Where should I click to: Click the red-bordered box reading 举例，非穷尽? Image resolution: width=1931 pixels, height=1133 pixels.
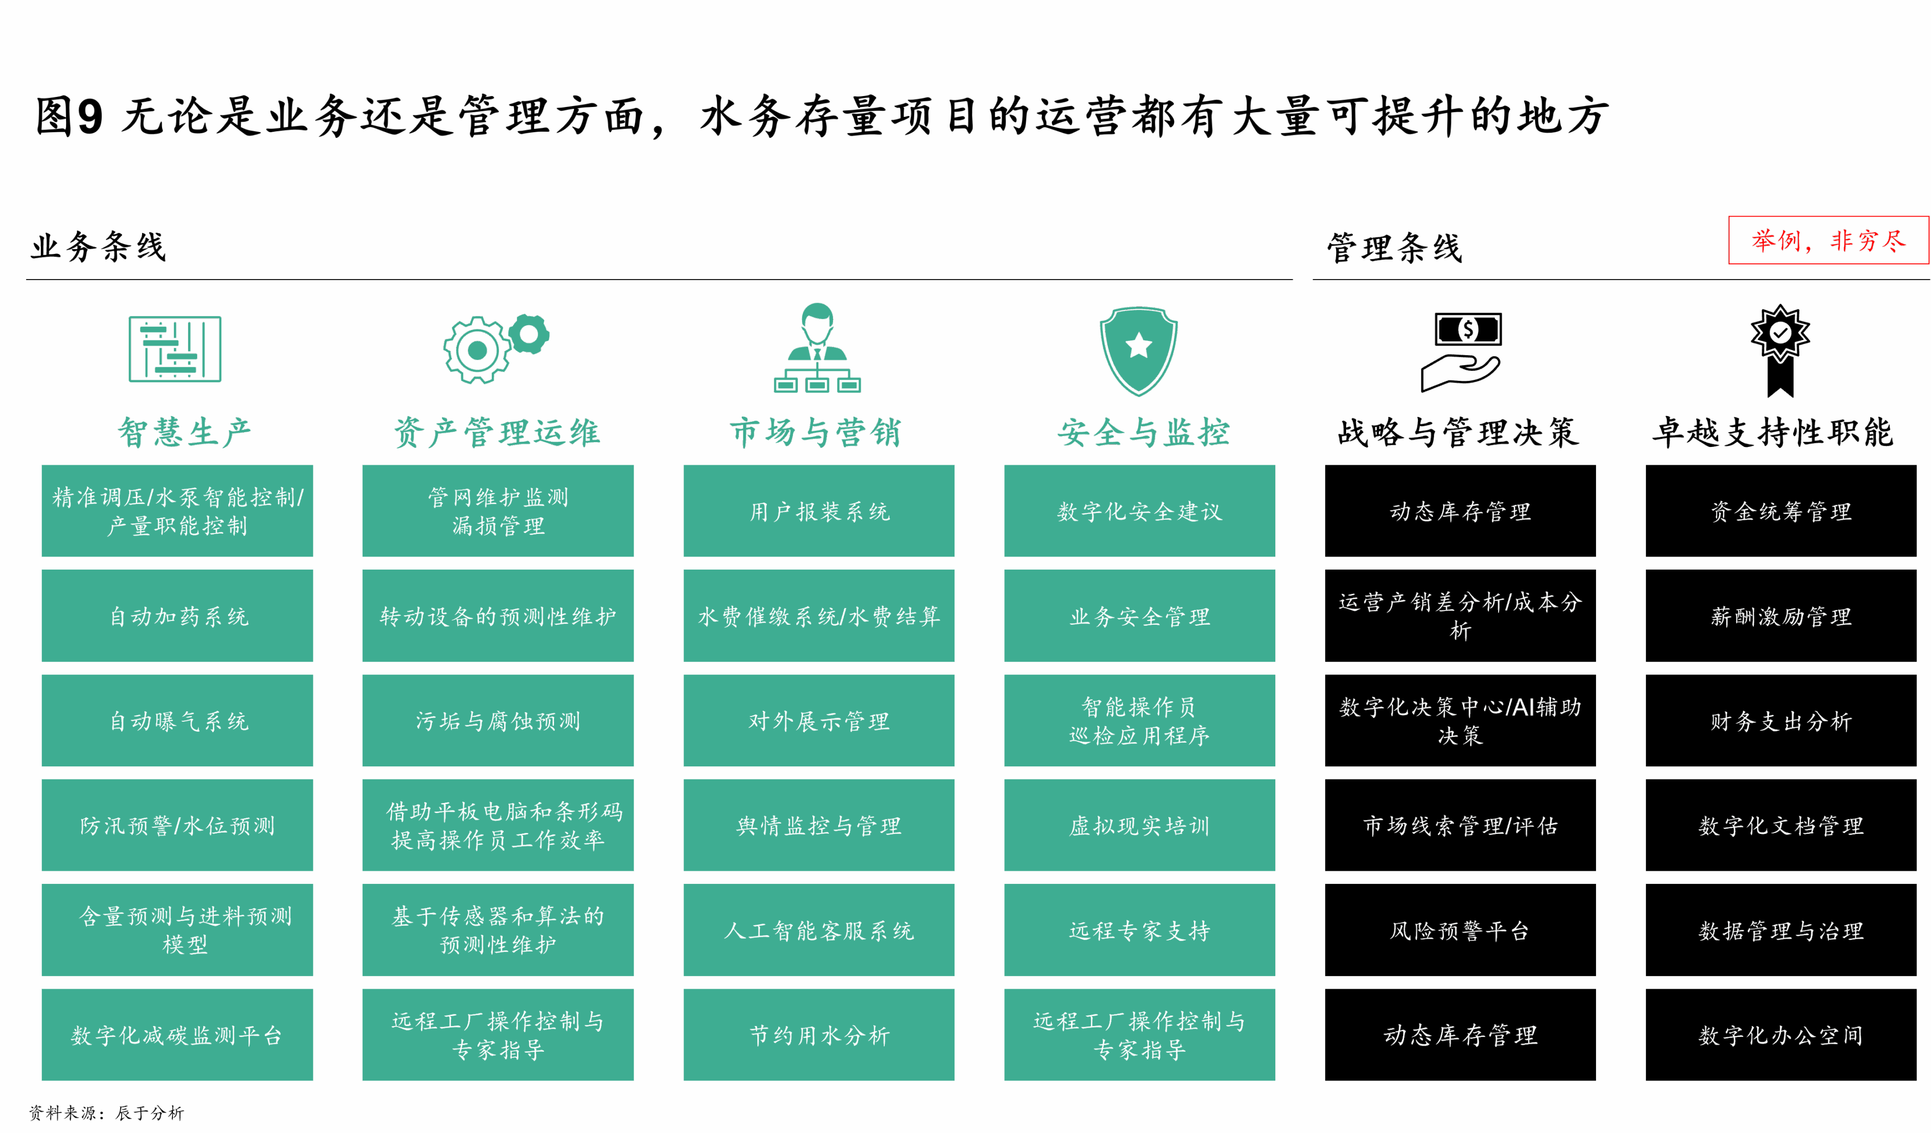coord(1828,241)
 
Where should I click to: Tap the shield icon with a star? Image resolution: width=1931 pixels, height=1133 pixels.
coord(1138,350)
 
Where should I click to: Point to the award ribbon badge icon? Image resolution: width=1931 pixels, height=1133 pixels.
coord(1780,349)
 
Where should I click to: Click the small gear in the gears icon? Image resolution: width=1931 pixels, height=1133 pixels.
coord(529,334)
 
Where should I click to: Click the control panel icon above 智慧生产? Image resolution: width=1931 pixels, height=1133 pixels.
coord(175,349)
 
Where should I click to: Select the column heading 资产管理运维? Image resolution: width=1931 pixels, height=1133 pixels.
coord(497,432)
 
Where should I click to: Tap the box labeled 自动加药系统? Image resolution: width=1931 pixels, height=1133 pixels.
coord(178,616)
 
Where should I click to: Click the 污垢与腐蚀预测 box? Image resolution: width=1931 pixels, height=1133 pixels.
coord(498,721)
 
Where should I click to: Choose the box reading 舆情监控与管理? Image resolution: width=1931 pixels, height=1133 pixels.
coord(818,825)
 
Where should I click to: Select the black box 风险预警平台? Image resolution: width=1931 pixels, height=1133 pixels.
coord(1460,930)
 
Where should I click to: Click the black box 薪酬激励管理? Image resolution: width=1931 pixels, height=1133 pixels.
coord(1780,616)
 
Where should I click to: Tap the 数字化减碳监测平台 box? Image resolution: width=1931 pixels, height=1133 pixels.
coord(178,1035)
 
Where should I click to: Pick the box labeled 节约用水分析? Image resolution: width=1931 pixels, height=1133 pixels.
coord(818,1035)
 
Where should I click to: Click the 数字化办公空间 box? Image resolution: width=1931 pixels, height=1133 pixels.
coord(1780,1035)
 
